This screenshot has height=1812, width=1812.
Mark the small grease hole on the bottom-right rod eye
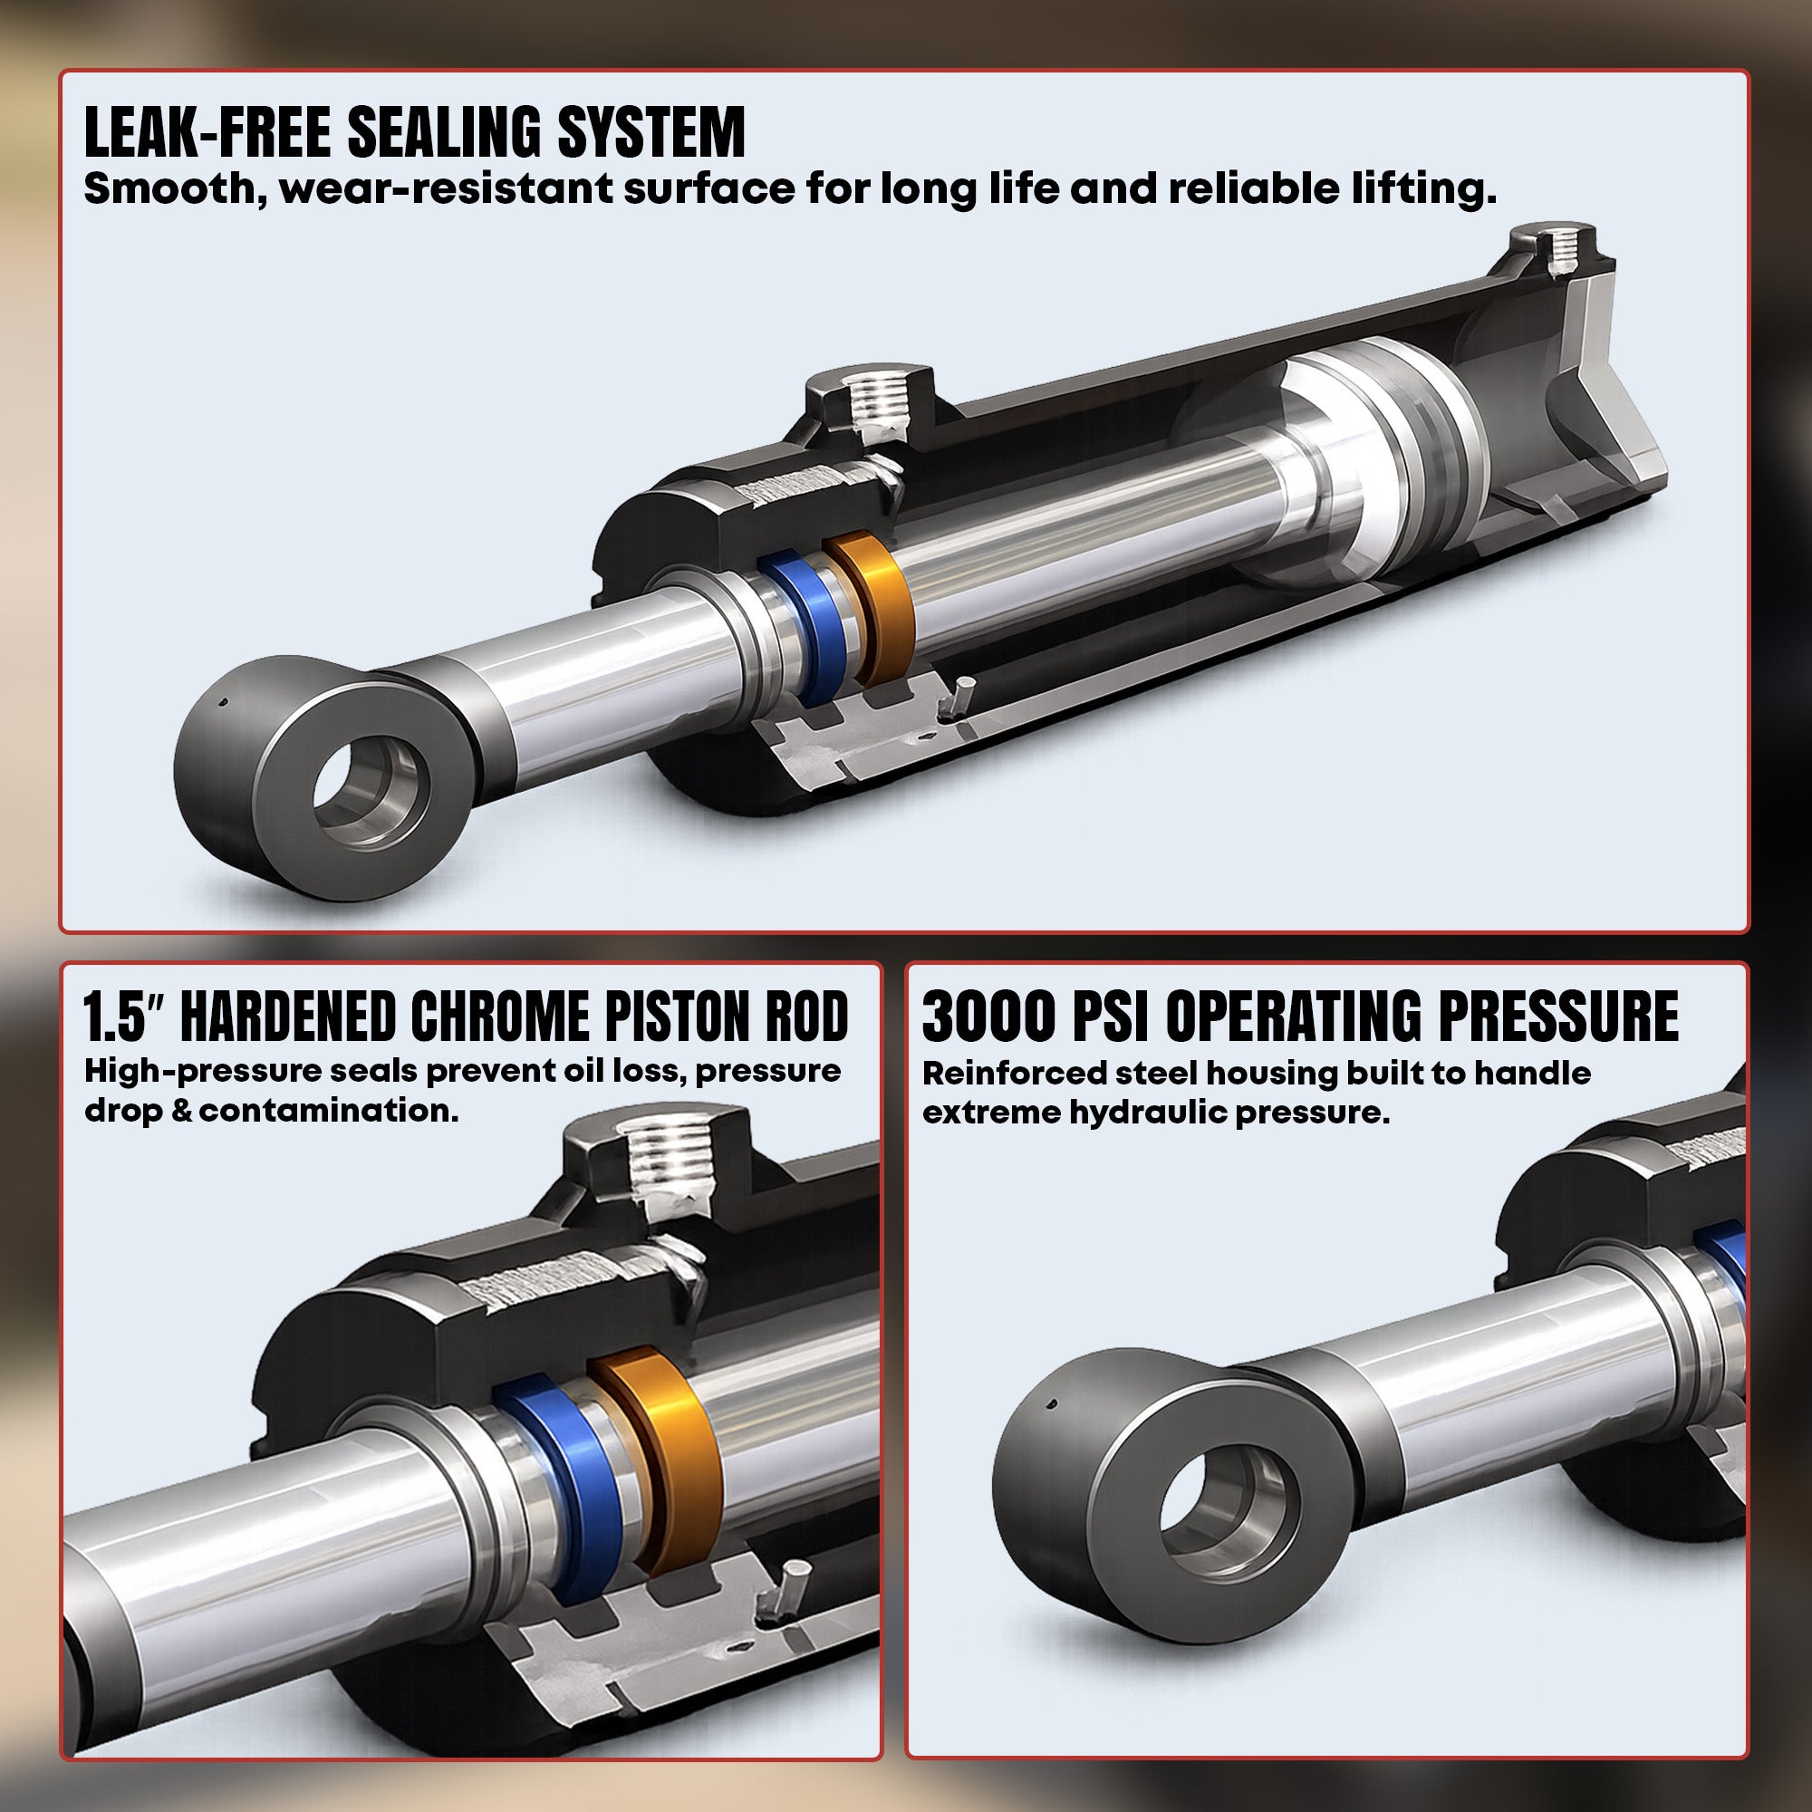coord(1052,1431)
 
